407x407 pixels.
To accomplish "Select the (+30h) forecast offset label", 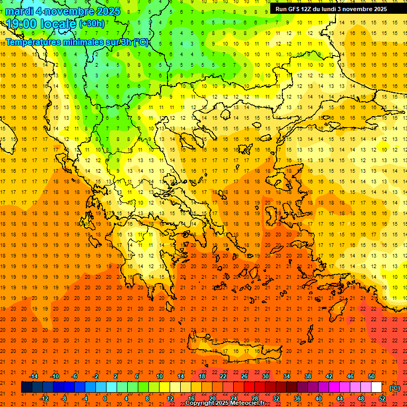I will coord(92,24).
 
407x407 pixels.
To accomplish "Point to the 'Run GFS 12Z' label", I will coord(293,9).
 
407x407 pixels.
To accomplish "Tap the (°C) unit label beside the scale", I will coord(395,388).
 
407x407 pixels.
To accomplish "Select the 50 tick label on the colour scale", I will coord(371,376).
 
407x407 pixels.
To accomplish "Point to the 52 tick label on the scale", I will coord(382,399).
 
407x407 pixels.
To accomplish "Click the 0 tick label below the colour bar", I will coord(105,399).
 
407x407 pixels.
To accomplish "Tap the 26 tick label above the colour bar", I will coord(244,376).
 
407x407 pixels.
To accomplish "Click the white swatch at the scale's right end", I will coord(376,387).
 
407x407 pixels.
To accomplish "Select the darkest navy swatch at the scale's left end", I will coord(26,387).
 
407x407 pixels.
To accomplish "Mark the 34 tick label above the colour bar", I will coord(287,376).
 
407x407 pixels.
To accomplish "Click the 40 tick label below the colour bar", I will coord(318,399).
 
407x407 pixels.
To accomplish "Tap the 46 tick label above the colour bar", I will coord(350,376).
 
